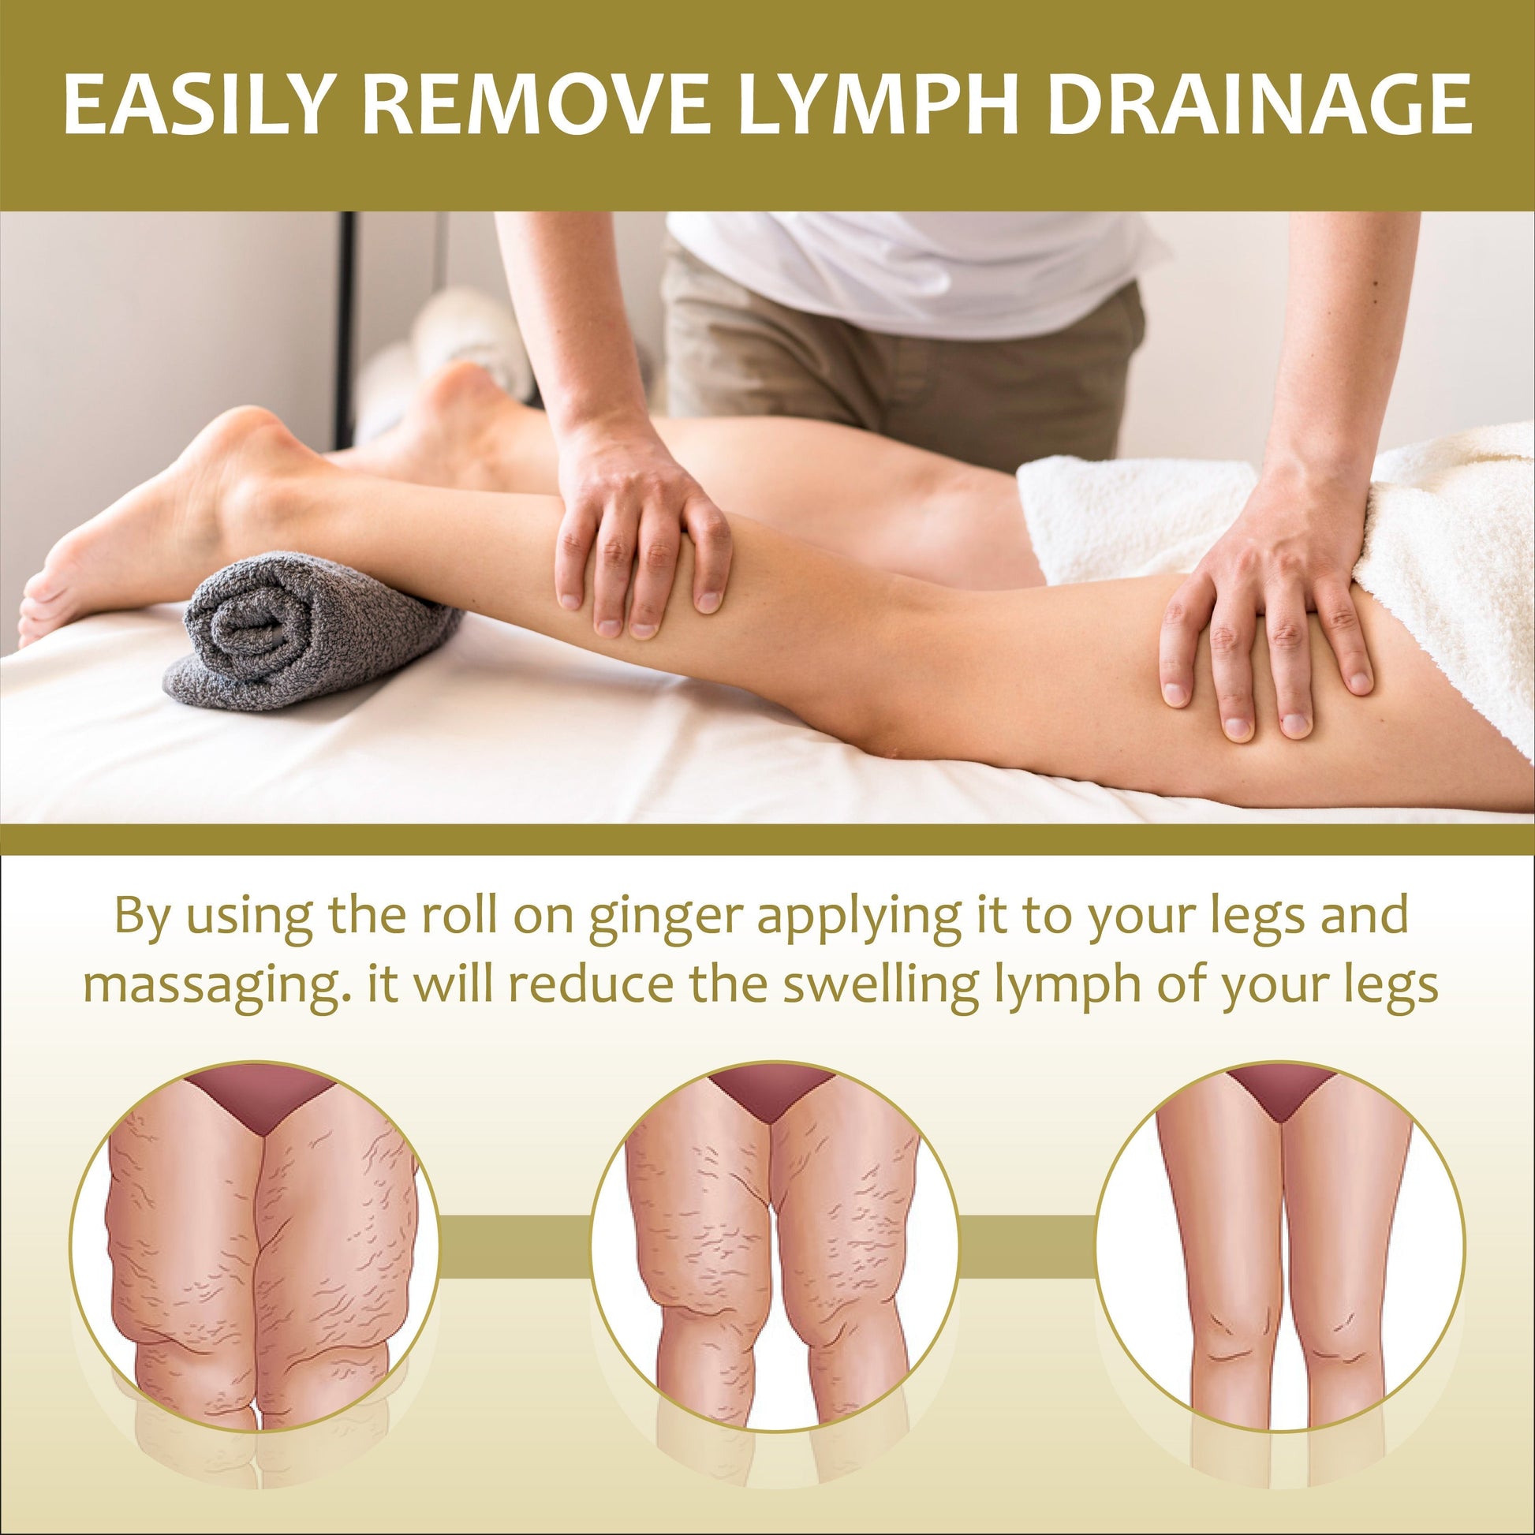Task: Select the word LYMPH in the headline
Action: pos(879,104)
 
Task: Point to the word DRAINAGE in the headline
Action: pos(1259,104)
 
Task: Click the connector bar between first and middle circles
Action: pos(514,1246)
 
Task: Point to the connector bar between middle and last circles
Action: pos(1026,1246)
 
